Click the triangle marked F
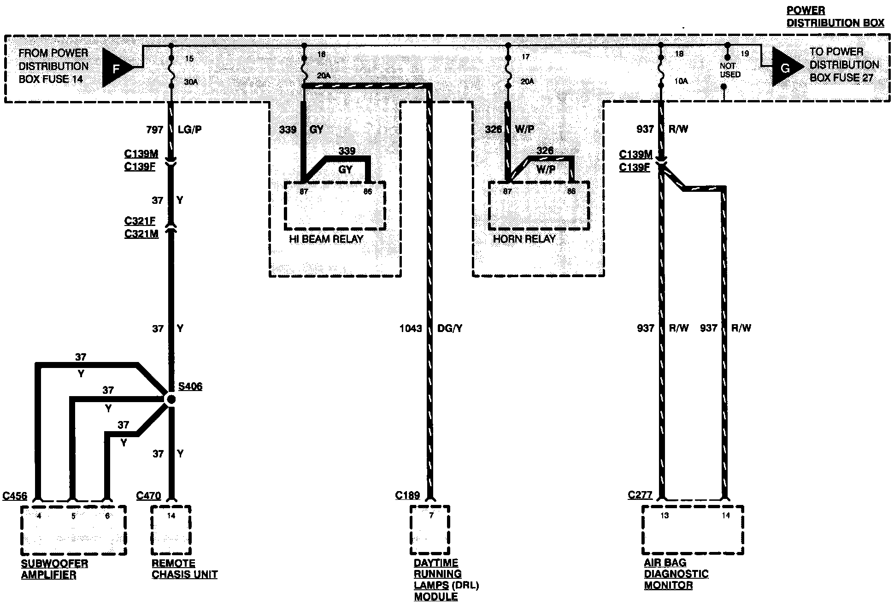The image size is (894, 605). point(116,68)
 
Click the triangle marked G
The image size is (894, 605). point(785,68)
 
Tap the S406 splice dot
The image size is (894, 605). point(171,399)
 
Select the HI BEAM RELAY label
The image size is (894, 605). point(326,239)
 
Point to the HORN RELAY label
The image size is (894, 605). point(524,239)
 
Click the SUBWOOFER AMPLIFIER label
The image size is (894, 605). point(54,569)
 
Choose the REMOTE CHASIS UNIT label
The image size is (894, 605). point(184,569)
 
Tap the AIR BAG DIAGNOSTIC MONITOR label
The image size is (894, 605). point(676,574)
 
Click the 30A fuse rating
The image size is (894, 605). point(191,82)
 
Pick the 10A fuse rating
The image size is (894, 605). point(681,81)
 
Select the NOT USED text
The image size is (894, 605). point(730,70)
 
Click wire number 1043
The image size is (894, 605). point(411,328)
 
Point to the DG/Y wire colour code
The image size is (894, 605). point(450,328)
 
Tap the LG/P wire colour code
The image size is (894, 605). point(189,130)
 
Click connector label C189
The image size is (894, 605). point(407,495)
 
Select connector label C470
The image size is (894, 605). point(148,496)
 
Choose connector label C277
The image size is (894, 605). point(640,495)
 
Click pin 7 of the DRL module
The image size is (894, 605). point(431,516)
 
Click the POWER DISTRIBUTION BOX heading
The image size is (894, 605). point(835,17)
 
